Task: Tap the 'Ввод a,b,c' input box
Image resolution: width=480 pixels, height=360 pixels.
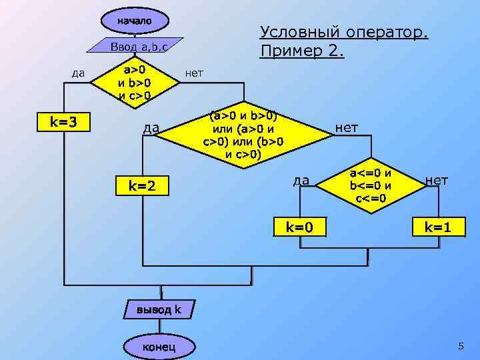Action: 137,46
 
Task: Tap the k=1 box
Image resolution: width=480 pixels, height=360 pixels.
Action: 438,227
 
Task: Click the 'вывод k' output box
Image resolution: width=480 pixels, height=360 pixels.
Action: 159,309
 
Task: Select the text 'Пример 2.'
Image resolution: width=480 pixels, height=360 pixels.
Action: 302,51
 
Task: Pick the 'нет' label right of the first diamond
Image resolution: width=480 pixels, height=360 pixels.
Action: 194,73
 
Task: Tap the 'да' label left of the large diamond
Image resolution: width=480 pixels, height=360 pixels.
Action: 151,127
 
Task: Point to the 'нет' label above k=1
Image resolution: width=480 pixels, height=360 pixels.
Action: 437,180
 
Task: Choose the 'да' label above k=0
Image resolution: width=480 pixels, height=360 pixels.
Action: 301,180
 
